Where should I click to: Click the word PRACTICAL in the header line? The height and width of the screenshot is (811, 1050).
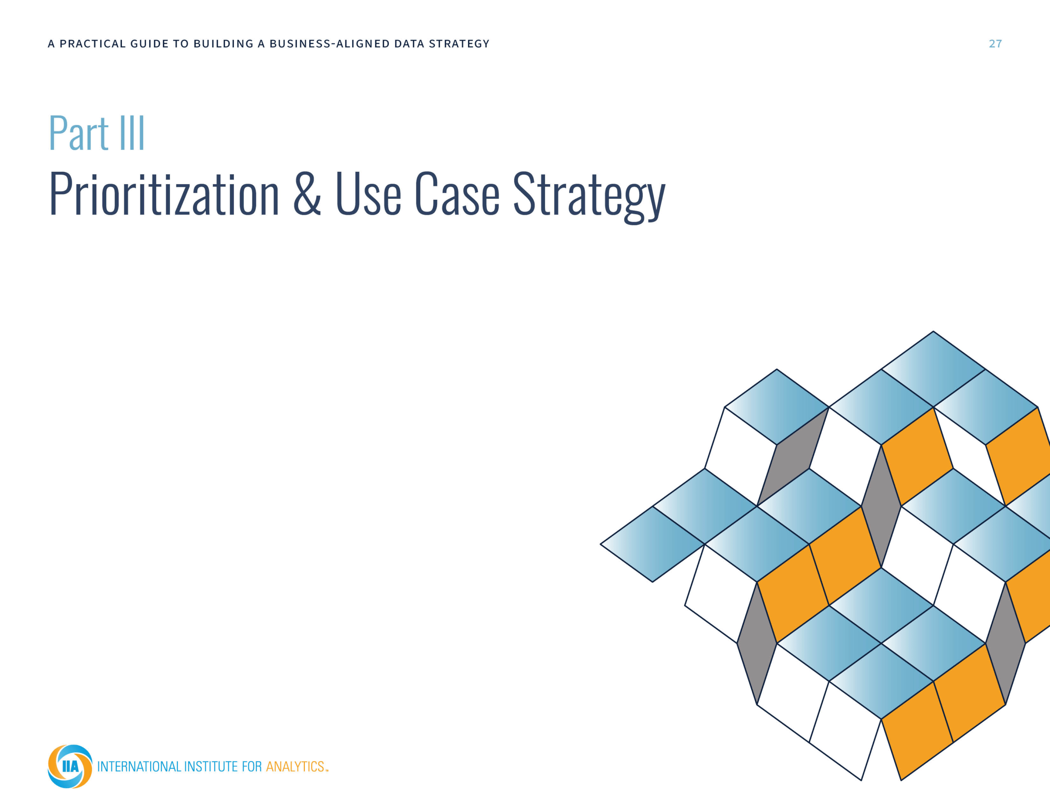92,44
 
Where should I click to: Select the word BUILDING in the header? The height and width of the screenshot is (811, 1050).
223,44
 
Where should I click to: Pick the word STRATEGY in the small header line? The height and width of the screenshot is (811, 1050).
459,44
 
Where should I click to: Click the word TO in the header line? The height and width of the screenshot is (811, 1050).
181,44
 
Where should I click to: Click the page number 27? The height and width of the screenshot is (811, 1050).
995,44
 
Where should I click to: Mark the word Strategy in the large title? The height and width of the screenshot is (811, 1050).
589,197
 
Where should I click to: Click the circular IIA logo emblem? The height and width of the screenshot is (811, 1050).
70,766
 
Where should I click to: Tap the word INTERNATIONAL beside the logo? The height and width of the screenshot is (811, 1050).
139,766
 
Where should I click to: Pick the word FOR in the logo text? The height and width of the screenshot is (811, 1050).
252,766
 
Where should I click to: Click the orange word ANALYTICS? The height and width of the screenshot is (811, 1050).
296,766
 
